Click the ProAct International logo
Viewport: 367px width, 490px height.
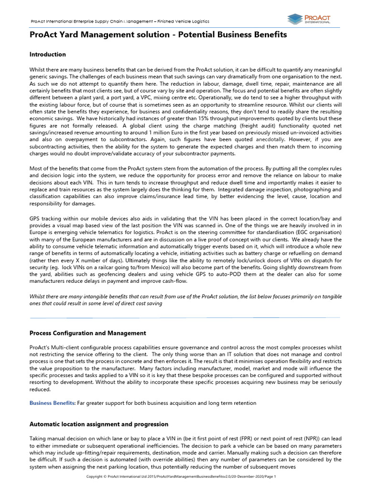point(309,19)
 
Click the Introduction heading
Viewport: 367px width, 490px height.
point(48,54)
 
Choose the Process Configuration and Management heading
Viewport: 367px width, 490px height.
point(88,333)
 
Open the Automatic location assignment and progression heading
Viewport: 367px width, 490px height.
point(99,424)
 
